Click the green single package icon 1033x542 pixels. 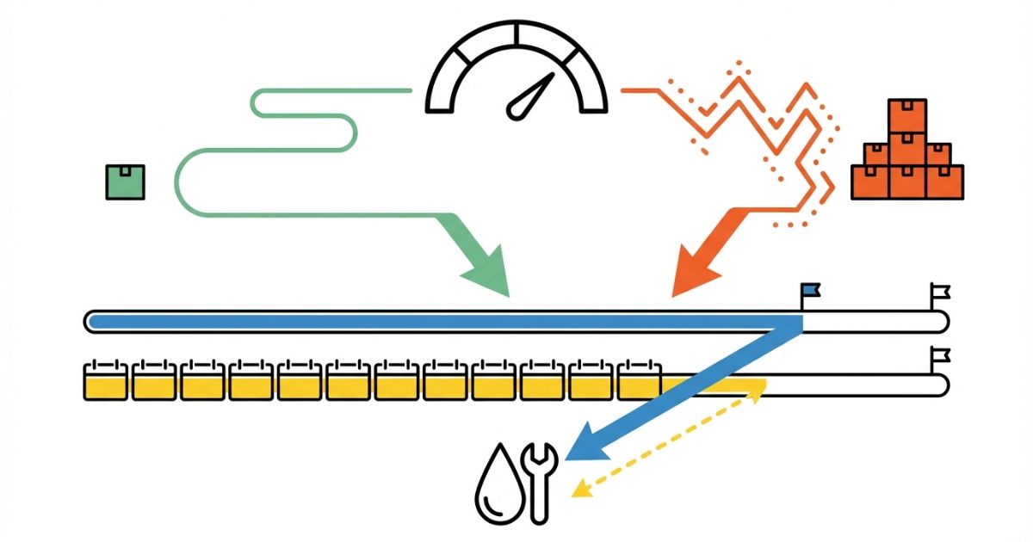(125, 182)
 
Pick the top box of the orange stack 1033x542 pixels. (907, 115)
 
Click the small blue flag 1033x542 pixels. (809, 291)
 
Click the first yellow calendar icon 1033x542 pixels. (106, 380)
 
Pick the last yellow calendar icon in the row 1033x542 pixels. (639, 380)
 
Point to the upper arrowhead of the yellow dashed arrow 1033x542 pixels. (758, 388)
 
